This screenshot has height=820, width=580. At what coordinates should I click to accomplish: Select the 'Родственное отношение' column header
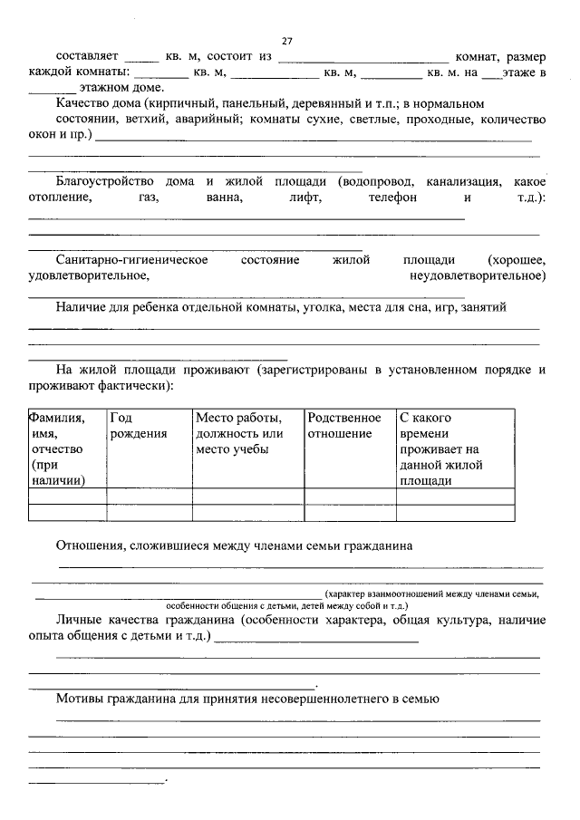pyautogui.click(x=344, y=426)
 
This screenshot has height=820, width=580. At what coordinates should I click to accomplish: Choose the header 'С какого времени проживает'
pyautogui.click(x=440, y=449)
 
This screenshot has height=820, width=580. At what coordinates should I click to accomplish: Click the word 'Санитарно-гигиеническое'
pyautogui.click(x=131, y=260)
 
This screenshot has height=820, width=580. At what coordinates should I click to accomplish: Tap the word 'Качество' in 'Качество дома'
pyautogui.click(x=82, y=104)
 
